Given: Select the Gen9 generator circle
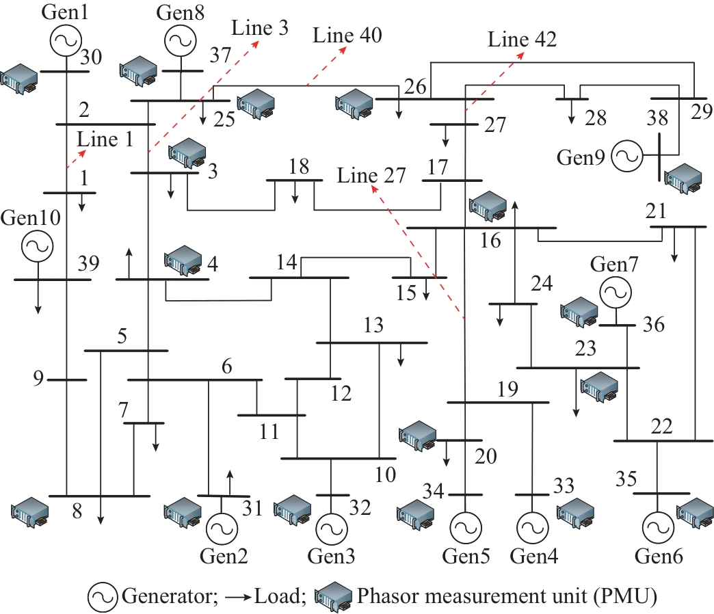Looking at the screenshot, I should pos(626,156).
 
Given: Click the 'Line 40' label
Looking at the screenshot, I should pos(347,36).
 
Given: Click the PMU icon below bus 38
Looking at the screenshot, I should pos(684,178).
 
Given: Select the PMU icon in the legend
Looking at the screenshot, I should pos(333,597).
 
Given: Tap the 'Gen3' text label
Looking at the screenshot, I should pos(331,557).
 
